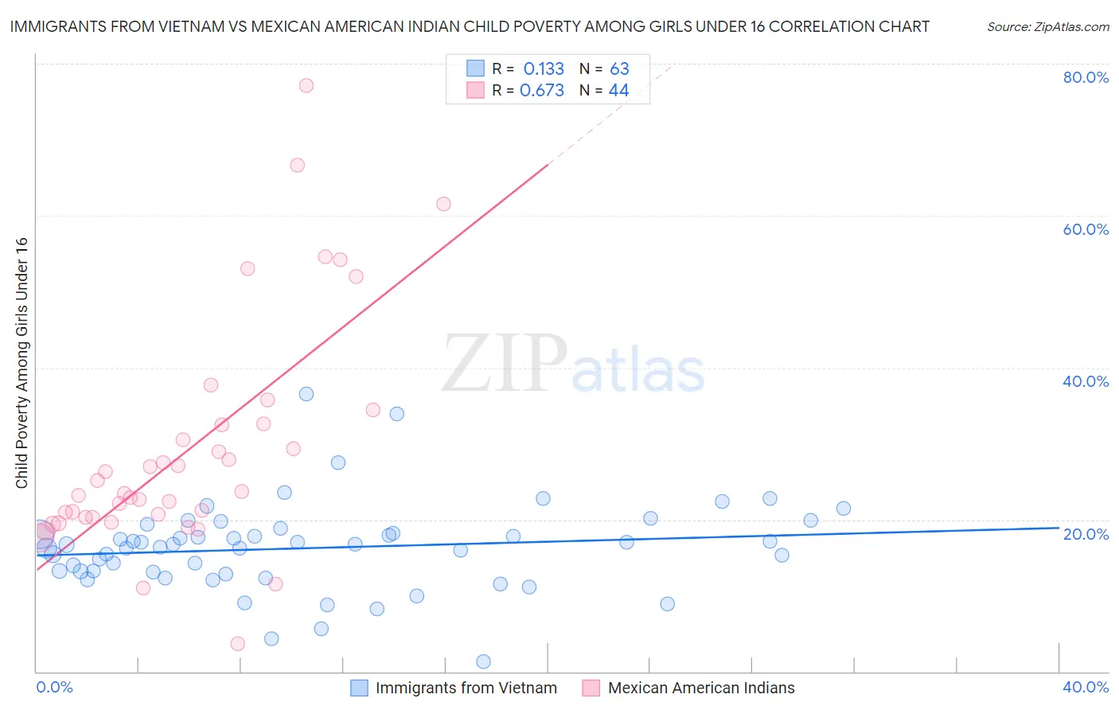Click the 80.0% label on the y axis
click(1086, 77)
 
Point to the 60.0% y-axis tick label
click(1086, 229)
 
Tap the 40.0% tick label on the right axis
click(1086, 381)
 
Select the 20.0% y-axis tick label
click(1086, 533)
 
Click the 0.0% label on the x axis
click(54, 687)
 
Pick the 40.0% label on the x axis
click(1086, 687)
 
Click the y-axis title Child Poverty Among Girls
click(21, 363)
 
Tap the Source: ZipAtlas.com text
click(1047, 26)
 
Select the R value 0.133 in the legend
click(544, 69)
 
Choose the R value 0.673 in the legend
click(542, 91)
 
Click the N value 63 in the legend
click(619, 69)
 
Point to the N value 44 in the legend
click(618, 91)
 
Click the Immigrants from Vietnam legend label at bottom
click(466, 688)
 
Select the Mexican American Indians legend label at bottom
click(700, 688)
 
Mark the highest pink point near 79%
click(306, 85)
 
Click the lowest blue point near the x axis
click(483, 661)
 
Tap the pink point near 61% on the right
click(443, 204)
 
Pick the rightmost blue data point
click(844, 509)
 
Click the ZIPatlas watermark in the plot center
click(573, 365)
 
